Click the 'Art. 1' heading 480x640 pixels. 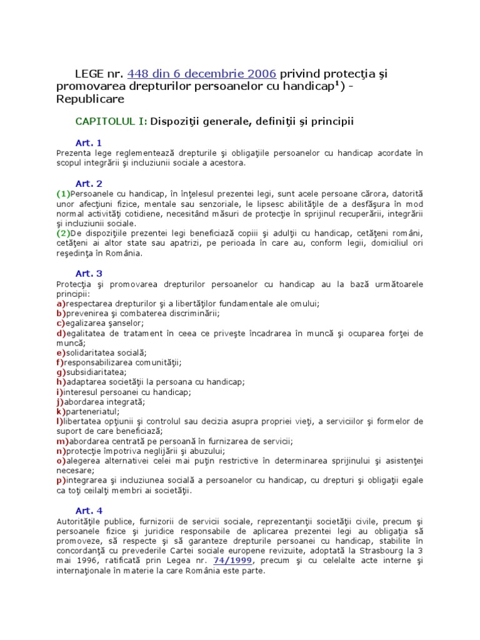[x=88, y=143]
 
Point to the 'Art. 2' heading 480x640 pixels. [x=88, y=183]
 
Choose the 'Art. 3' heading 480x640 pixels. [x=88, y=273]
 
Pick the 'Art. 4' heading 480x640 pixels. [x=88, y=511]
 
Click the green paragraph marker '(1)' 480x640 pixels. [x=63, y=193]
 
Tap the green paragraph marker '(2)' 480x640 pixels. [x=63, y=233]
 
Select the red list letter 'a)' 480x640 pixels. [x=61, y=303]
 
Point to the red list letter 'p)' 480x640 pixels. [x=61, y=480]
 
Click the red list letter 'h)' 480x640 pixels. [x=61, y=382]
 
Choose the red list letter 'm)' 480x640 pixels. [x=62, y=441]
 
